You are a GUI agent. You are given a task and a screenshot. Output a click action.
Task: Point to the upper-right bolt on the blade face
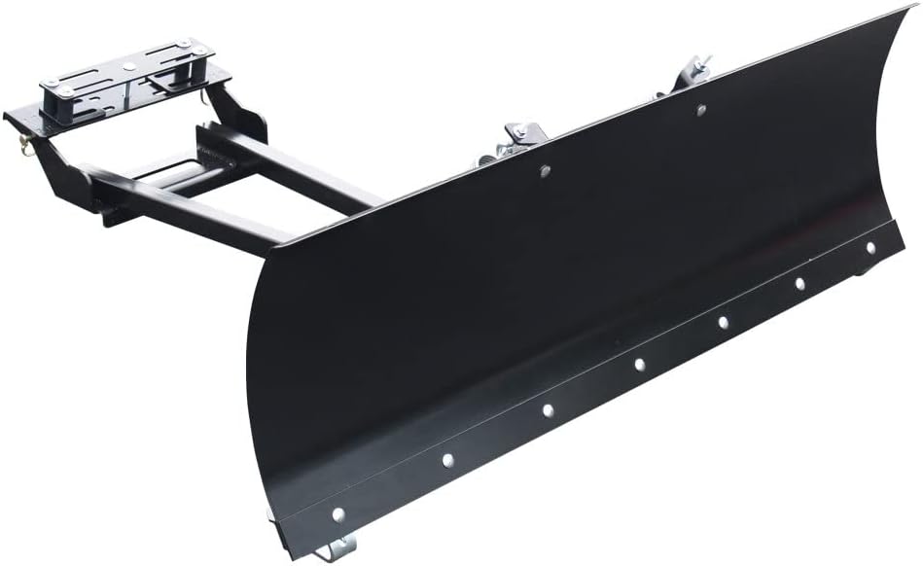[700, 110]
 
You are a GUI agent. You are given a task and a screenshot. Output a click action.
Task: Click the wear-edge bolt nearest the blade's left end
[337, 513]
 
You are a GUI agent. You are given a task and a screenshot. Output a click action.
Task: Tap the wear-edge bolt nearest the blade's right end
[870, 247]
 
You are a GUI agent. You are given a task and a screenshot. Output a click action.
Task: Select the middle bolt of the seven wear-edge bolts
[639, 365]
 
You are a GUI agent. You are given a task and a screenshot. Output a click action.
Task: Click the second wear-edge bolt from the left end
[447, 459]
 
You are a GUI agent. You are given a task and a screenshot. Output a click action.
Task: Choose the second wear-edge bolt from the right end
[799, 284]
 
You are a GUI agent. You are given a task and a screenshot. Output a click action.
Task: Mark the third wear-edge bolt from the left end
[548, 409]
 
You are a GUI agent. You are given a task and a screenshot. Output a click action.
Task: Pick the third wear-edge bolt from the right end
[724, 322]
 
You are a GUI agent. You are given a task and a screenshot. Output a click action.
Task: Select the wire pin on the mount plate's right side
[206, 94]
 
